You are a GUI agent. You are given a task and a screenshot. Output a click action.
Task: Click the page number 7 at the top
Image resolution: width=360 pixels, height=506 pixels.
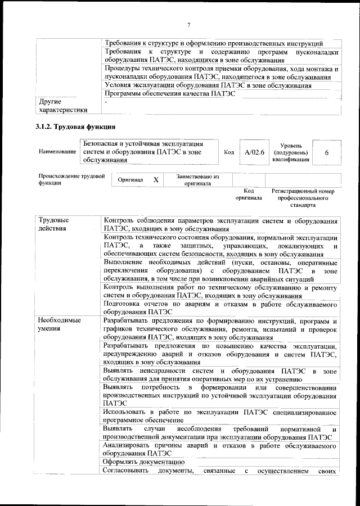pos(190,24)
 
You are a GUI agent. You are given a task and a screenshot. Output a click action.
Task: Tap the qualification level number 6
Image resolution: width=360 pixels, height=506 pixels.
pos(327,152)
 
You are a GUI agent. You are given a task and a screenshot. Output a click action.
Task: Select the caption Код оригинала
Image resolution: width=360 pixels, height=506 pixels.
pos(249,195)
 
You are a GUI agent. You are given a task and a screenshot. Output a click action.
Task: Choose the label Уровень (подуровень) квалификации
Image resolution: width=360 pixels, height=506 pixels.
pos(291,152)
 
